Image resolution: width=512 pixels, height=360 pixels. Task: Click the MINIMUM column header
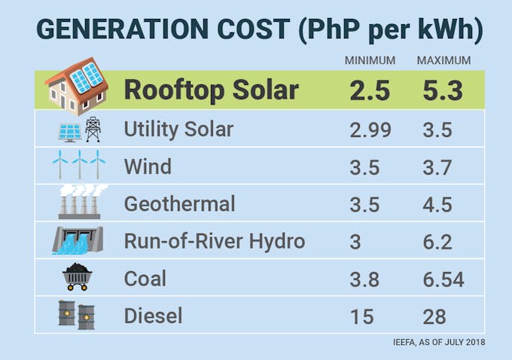coord(370,60)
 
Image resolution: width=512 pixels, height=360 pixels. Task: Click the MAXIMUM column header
coord(443,60)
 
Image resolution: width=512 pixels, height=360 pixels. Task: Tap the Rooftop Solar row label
coord(211,90)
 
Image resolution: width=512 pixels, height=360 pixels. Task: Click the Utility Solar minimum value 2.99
coord(370,130)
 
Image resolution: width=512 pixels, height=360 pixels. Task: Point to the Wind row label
coord(148,166)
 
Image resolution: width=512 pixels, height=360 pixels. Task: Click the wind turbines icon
coord(78,164)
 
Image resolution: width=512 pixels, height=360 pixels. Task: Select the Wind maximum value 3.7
coord(437,166)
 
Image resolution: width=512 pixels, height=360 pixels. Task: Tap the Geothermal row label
coord(179,203)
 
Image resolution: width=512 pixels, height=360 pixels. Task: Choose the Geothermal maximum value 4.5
coord(437,203)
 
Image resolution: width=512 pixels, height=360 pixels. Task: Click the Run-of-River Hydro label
coord(214,241)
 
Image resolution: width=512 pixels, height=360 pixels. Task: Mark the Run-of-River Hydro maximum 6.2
coord(437,241)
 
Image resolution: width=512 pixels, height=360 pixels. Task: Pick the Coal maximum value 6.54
coord(443,279)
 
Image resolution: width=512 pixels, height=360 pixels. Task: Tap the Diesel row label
coord(153,315)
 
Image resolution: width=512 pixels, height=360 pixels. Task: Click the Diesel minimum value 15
coord(362,316)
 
